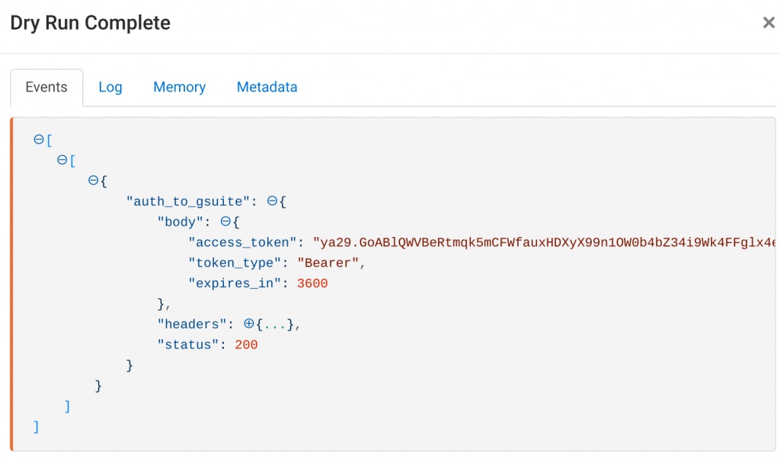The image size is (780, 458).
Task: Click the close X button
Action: pyautogui.click(x=769, y=23)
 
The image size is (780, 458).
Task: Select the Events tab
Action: pyautogui.click(x=46, y=87)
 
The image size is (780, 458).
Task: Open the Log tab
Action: pyautogui.click(x=110, y=87)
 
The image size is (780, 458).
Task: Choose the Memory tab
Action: pyautogui.click(x=179, y=87)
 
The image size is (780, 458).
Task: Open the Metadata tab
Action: pyautogui.click(x=267, y=87)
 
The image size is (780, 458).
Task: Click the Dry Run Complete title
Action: pyautogui.click(x=90, y=23)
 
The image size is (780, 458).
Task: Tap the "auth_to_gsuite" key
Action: pyautogui.click(x=192, y=201)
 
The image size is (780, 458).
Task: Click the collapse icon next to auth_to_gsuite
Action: pyautogui.click(x=272, y=201)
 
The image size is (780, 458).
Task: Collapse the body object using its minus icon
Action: pyautogui.click(x=225, y=222)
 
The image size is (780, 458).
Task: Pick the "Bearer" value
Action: pyautogui.click(x=328, y=263)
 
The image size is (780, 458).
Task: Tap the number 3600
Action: pyautogui.click(x=313, y=283)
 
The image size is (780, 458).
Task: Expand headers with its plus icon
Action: pyautogui.click(x=248, y=325)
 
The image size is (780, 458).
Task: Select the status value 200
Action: pyautogui.click(x=246, y=345)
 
